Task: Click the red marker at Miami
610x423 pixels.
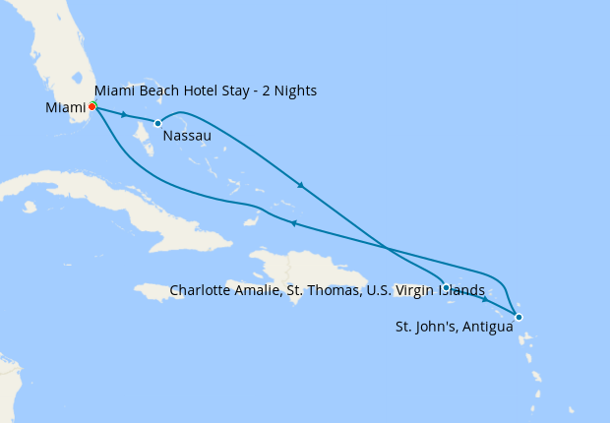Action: point(91,106)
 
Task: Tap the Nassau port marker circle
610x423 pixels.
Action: point(157,123)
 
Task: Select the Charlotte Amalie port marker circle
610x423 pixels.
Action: point(446,287)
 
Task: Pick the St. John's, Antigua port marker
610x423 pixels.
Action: point(518,316)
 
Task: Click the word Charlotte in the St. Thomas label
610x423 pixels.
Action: point(202,290)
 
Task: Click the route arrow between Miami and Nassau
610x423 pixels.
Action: point(124,115)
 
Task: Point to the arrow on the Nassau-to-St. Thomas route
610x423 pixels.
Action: point(300,185)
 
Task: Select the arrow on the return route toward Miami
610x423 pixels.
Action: point(293,223)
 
